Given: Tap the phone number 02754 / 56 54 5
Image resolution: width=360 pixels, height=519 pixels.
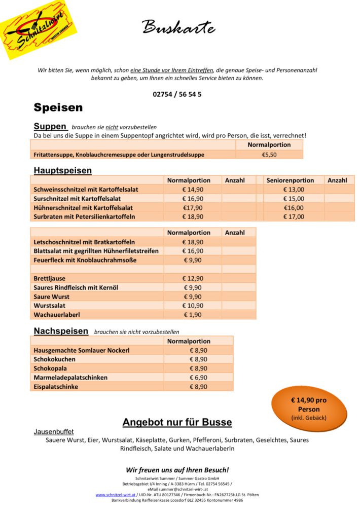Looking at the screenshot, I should point(177,94).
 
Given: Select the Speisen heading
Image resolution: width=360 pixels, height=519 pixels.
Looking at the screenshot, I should point(58,107).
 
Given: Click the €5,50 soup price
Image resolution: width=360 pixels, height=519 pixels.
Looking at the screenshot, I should point(269,154).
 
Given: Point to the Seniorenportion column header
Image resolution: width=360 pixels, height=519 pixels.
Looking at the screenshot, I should point(290,180).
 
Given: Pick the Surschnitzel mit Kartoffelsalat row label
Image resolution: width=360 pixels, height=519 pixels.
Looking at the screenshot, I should point(83,198).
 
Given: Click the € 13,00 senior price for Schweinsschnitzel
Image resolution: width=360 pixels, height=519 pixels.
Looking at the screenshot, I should point(294,189).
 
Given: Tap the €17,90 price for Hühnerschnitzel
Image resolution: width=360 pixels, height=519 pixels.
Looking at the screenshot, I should point(193,207).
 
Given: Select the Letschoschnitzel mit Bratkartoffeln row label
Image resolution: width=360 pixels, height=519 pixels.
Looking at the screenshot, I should point(84,242).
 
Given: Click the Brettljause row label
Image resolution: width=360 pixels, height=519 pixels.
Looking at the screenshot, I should point(50,278).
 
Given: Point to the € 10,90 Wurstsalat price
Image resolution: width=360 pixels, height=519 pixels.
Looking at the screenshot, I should point(193,306).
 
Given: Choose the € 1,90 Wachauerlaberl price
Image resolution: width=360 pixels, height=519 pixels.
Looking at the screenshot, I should point(193,315).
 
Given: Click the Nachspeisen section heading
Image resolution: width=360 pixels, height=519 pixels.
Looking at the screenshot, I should point(61,331).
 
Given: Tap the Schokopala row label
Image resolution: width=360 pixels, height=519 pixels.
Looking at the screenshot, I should point(50,368).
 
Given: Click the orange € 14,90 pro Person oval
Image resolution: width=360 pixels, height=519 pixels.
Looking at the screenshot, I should point(309,409).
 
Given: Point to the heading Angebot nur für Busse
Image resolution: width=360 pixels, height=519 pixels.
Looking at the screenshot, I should point(177,422).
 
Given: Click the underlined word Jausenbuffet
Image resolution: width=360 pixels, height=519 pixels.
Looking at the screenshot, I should point(54,432).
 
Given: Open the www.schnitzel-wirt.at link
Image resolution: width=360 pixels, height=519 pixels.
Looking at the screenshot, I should point(115,495).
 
